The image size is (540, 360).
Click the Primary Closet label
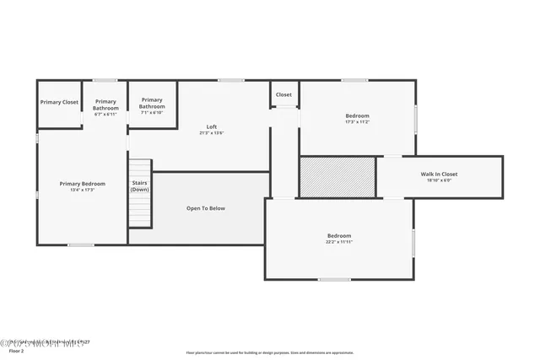[x=59, y=102]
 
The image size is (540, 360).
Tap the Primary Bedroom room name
[x=82, y=183]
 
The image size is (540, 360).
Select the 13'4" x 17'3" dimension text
[x=82, y=190]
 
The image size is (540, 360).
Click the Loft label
[x=212, y=126]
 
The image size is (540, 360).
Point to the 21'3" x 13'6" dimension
[x=212, y=133]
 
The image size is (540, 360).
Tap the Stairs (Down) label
[x=139, y=185]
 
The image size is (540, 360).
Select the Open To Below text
[x=205, y=208]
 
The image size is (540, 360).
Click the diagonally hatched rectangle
[x=337, y=176]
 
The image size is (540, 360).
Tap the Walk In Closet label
[x=439, y=174]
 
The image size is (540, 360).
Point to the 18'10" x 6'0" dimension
[x=439, y=180]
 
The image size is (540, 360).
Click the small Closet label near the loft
[x=283, y=94]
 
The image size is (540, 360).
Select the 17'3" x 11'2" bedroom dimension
[x=358, y=122]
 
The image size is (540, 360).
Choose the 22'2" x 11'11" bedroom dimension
[x=339, y=242]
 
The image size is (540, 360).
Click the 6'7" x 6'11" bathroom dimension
[x=105, y=115]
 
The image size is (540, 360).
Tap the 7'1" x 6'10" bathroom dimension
[x=152, y=113]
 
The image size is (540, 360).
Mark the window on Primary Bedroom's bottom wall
[x=81, y=245]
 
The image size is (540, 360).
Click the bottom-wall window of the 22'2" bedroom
[x=334, y=280]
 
